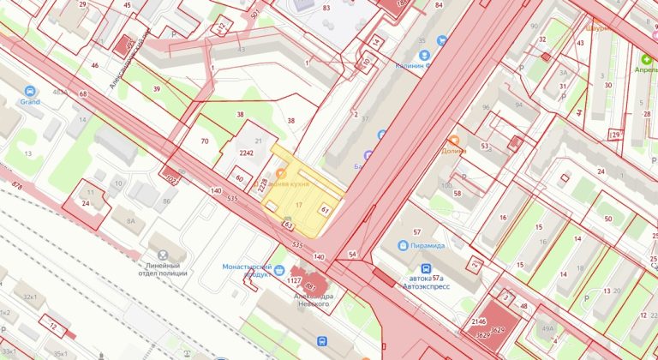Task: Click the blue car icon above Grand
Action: (31, 90)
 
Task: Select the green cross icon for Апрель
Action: (647, 60)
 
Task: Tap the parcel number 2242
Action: (247, 153)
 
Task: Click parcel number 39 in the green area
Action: (157, 89)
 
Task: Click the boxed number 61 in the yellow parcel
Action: (325, 209)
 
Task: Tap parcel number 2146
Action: (479, 322)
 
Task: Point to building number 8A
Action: (131, 220)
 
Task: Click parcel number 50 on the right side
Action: (607, 219)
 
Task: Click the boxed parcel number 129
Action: (614, 135)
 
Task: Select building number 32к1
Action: (31, 297)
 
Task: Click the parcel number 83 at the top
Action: (326, 8)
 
